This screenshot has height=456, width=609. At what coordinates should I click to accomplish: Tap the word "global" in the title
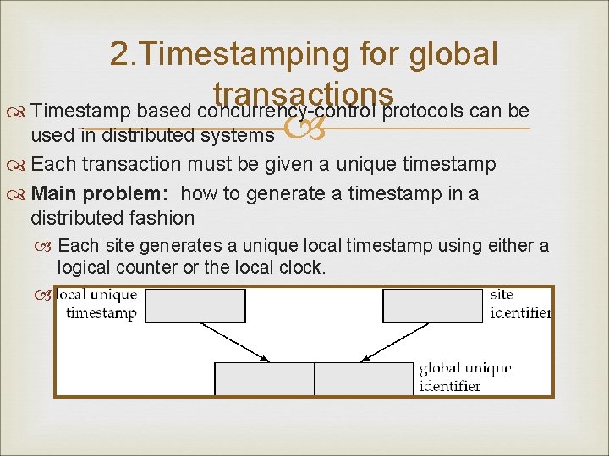pos(453,55)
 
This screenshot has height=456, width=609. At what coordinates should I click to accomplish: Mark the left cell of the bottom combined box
pos(265,378)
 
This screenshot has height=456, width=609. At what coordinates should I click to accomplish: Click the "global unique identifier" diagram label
pos(465,377)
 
